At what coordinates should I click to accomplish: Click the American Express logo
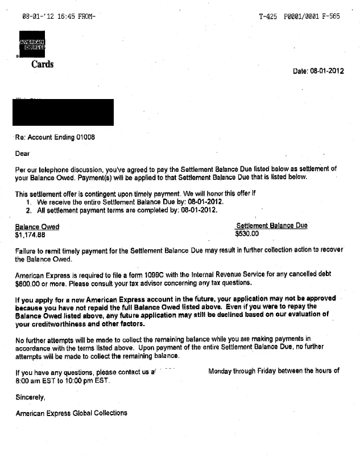coord(32,44)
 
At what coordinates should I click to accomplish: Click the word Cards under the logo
coord(42,64)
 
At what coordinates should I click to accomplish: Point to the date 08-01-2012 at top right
coord(326,71)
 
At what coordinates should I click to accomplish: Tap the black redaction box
coord(63,112)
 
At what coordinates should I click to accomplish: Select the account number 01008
coord(85,138)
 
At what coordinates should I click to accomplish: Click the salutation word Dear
coord(23,153)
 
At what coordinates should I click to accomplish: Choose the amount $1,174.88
coord(30,234)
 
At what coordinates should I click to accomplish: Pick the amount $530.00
coord(247,233)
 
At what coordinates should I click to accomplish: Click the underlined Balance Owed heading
coord(37,227)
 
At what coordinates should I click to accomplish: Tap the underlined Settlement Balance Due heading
coord(271,226)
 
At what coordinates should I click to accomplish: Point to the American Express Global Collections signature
coord(71,413)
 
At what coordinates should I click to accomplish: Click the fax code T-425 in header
coord(267,17)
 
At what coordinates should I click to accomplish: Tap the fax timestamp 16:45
coord(61,17)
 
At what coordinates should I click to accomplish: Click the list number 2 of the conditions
coord(28,210)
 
